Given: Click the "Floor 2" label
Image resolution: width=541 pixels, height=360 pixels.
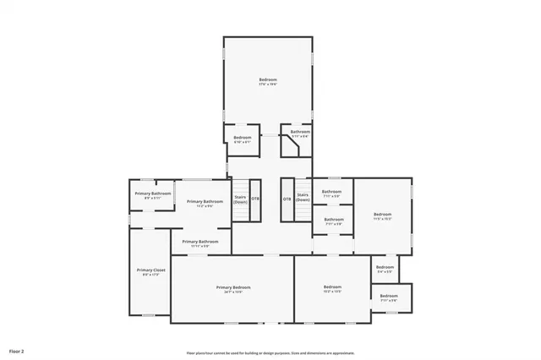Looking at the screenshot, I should click(17, 349).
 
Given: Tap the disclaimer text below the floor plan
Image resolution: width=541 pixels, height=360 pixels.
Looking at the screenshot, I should click(270, 353).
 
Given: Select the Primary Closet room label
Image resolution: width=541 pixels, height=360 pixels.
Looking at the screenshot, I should click(150, 271).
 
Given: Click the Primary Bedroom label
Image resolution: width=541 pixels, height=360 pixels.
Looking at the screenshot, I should click(232, 289).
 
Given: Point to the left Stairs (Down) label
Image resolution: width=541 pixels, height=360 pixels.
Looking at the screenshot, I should click(241, 200).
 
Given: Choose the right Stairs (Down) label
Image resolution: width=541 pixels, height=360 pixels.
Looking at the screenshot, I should click(303, 197).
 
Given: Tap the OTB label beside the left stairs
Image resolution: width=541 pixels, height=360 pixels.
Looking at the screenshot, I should click(255, 199).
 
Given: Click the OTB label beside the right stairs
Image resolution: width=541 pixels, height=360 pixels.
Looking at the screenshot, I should click(287, 199).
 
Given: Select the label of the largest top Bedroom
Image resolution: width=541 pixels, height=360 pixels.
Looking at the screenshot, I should click(268, 81).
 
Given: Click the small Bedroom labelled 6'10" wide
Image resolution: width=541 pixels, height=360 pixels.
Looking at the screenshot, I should click(243, 139).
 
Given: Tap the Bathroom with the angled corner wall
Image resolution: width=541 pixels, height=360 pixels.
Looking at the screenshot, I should click(300, 133).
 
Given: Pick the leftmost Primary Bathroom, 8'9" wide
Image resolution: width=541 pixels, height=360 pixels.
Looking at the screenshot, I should click(152, 195).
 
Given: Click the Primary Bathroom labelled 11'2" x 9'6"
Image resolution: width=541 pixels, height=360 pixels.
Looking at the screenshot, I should click(205, 203).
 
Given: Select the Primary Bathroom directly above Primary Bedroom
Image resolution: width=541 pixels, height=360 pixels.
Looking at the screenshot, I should click(200, 243).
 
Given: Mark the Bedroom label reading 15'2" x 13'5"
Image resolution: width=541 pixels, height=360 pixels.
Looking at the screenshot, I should click(332, 289).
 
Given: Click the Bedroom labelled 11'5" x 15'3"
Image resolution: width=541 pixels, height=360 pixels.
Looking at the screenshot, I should click(383, 215).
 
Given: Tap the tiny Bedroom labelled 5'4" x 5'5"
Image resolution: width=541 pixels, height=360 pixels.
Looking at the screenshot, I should click(385, 269).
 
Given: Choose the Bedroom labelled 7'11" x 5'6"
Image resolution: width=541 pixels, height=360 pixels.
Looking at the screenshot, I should click(389, 297).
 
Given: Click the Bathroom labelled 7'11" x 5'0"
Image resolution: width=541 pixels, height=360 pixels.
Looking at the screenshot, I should click(331, 193).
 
